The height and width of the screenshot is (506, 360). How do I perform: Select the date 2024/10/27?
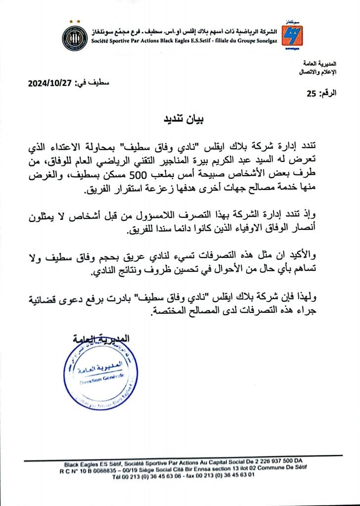click(51, 84)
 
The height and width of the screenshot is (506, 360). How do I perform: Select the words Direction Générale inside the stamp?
click(96, 381)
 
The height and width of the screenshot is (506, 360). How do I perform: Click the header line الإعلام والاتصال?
click(318, 72)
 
